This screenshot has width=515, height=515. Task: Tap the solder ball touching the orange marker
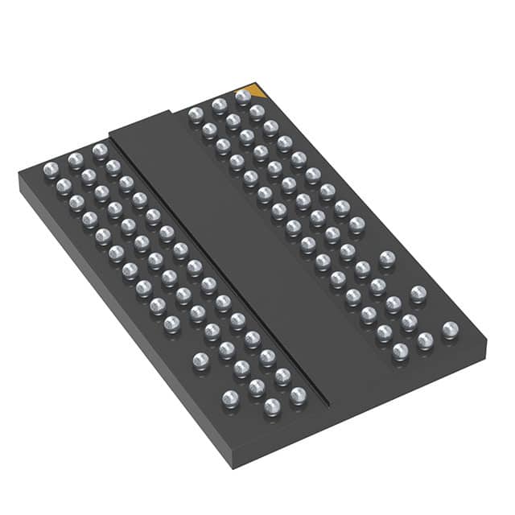[243, 97]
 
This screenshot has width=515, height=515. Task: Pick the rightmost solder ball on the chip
[450, 328]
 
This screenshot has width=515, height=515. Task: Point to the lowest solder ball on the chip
[271, 408]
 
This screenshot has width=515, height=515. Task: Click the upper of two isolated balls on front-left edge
[201, 360]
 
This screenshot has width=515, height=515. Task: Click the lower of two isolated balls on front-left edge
[230, 397]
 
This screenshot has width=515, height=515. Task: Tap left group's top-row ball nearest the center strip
[100, 150]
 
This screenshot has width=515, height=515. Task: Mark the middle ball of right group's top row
[219, 105]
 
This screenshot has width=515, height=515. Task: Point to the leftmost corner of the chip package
[19, 177]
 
